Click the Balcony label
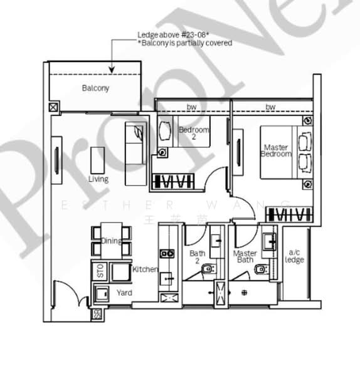(95, 88)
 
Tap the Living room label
(98, 179)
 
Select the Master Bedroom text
(276, 151)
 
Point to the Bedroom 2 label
(191, 133)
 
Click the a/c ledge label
(294, 257)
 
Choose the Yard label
(124, 293)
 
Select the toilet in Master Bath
(260, 269)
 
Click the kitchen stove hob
(167, 254)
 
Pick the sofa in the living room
(135, 153)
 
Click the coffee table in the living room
(98, 160)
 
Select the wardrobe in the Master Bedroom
(289, 215)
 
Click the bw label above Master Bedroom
(270, 107)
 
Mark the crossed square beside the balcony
(52, 107)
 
